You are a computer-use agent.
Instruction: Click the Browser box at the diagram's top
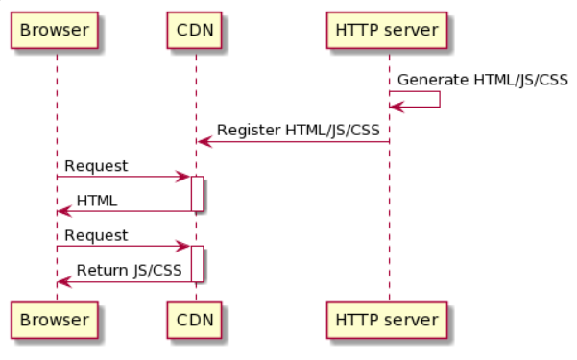click(55, 30)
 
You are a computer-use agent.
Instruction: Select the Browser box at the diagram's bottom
click(55, 320)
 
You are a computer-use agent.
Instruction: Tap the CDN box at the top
click(194, 30)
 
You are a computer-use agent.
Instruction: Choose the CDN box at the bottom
click(194, 320)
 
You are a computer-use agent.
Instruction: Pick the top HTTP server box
click(387, 30)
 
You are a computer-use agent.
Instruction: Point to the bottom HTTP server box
click(387, 320)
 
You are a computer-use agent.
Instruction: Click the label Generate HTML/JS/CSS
click(482, 80)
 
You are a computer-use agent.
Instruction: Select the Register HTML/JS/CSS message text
click(298, 130)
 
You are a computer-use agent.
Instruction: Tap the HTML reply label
click(97, 201)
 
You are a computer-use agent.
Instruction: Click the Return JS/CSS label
click(129, 270)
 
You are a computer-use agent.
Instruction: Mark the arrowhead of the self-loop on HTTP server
click(397, 108)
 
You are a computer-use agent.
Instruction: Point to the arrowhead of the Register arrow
click(204, 142)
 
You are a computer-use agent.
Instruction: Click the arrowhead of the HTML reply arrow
click(64, 211)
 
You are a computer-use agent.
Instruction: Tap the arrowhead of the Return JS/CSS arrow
click(64, 282)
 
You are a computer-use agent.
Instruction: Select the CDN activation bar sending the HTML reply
click(197, 194)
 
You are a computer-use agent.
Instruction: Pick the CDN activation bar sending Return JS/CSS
click(197, 264)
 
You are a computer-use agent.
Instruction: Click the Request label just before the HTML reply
click(96, 166)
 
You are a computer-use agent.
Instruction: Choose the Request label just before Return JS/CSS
click(96, 235)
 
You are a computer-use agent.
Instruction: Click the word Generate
click(433, 80)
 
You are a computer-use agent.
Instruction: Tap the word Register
click(249, 131)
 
